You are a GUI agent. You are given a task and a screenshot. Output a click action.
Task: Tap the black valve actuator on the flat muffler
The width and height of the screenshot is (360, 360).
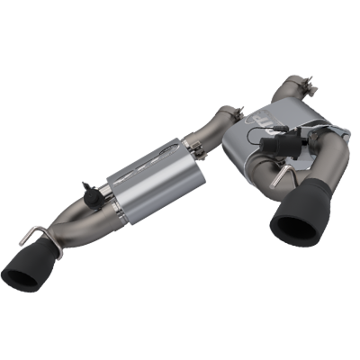click(272, 145)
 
